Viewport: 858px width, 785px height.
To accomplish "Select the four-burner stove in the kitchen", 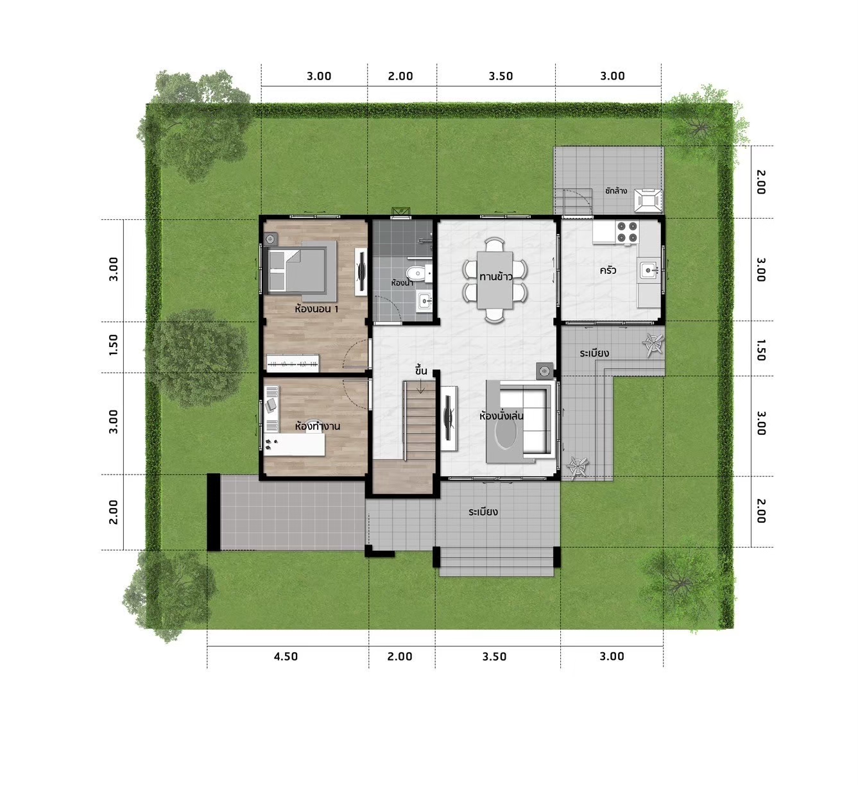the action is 626,232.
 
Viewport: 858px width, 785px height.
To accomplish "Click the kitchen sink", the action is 649,270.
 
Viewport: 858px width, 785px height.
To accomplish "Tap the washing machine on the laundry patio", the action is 648,200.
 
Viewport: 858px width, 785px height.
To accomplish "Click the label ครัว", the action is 607,270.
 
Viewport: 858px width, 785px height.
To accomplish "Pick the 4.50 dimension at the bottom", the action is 286,656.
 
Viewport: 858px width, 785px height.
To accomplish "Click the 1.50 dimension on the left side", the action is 113,344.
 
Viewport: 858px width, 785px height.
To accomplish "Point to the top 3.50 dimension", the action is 501,76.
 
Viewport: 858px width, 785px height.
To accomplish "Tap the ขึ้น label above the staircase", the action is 421,370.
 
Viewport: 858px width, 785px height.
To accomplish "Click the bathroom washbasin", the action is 425,301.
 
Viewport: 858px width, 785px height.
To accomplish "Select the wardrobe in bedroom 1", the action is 293,364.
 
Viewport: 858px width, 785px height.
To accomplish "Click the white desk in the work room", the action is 295,444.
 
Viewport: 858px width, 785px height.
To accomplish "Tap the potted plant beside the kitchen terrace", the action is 653,344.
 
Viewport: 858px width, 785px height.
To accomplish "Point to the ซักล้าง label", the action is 616,190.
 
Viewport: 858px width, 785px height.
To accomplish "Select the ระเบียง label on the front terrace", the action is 483,512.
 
